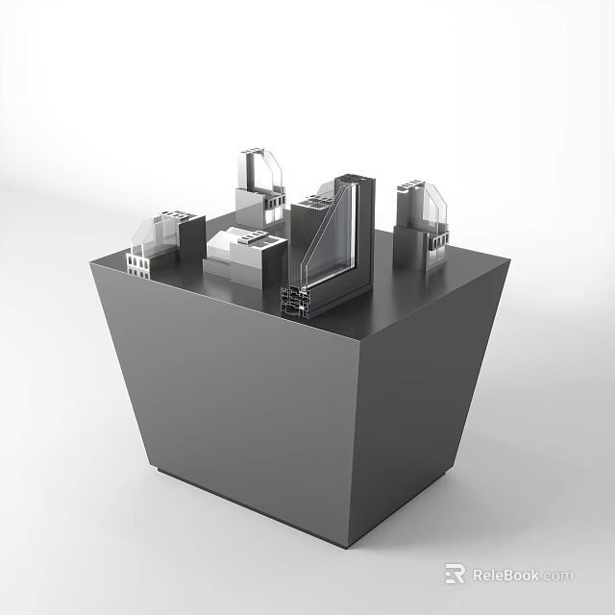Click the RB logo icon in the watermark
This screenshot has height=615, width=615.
[x=455, y=575]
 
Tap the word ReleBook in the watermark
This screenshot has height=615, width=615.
[x=505, y=576]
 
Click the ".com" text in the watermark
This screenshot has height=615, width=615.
[x=556, y=576]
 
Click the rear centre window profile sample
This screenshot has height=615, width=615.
[x=260, y=187]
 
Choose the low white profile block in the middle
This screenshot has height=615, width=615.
[x=245, y=256]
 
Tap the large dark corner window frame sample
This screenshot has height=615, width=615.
[x=332, y=250]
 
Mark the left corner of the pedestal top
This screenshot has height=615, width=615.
[x=90, y=261]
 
